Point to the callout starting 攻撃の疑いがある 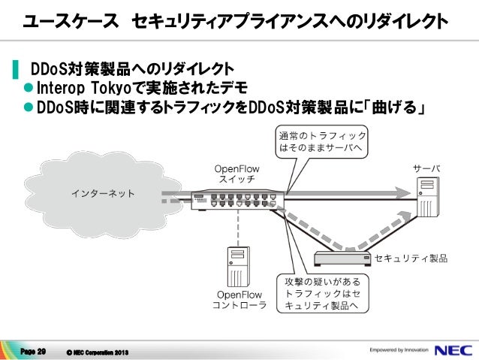click(x=321, y=293)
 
